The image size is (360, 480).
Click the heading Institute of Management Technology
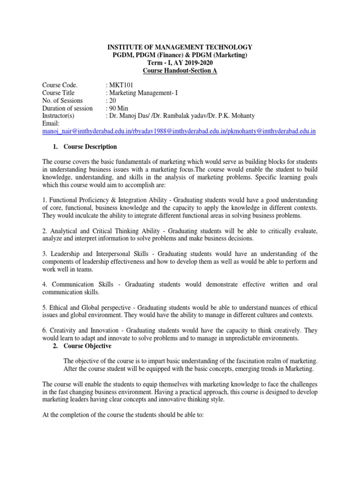[x=180, y=47]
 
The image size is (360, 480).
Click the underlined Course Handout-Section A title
[x=180, y=71]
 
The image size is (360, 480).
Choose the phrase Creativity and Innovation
[x=84, y=330]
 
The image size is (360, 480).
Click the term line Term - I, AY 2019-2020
[x=180, y=63]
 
